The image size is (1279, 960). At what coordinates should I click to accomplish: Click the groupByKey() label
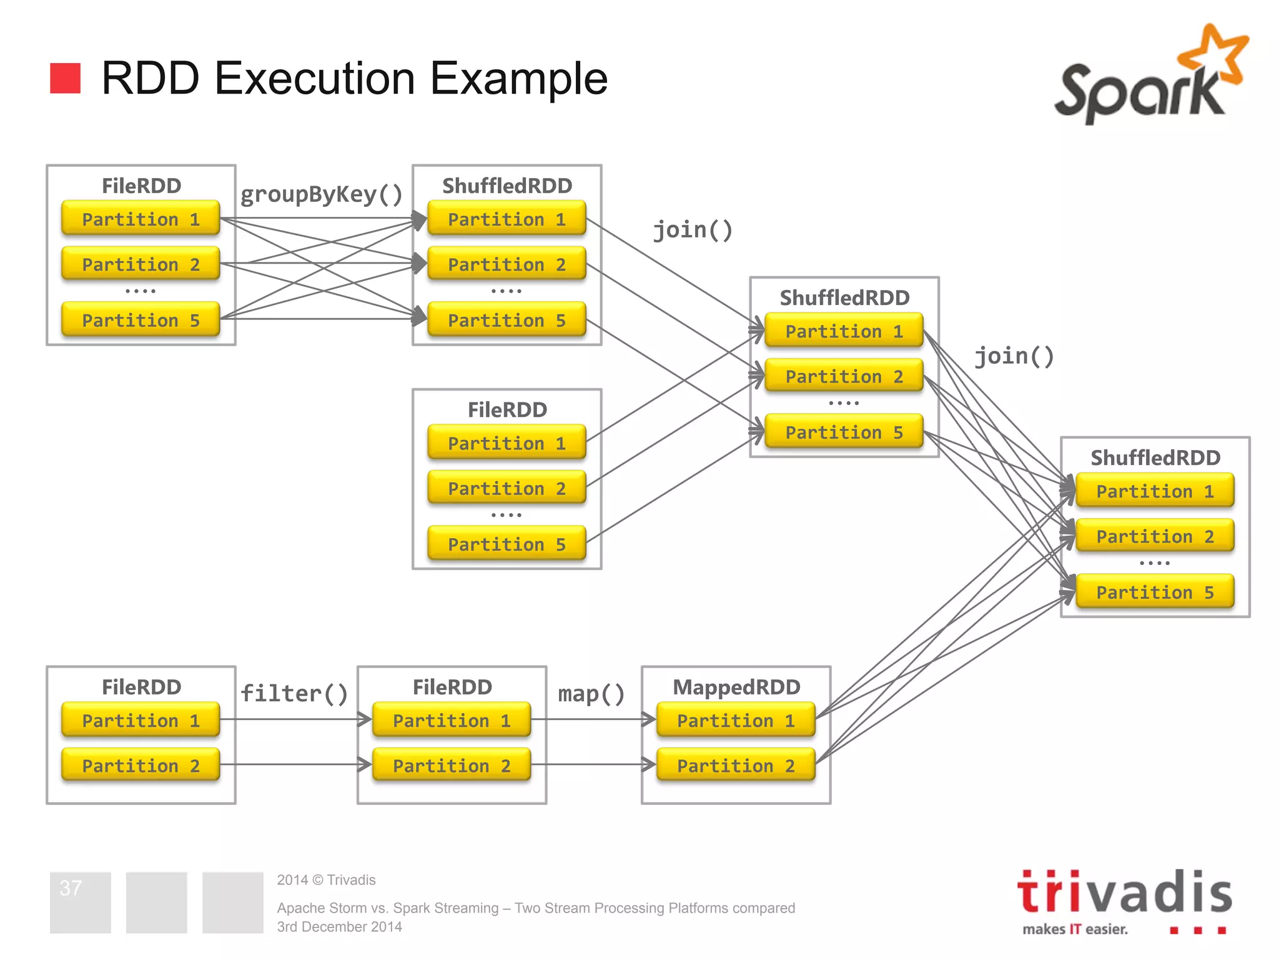point(322,194)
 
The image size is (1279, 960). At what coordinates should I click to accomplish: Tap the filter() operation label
point(294,693)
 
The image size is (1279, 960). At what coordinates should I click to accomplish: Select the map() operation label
point(591,693)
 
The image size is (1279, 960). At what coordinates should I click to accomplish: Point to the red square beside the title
point(66,78)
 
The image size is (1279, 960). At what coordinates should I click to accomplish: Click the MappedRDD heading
point(736,687)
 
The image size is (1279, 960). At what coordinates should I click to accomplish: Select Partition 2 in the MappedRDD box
point(736,765)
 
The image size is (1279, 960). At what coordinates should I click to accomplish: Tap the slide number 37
point(71,887)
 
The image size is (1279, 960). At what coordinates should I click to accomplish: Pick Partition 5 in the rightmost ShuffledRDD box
point(1155,591)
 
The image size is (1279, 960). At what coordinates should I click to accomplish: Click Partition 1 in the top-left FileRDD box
point(141,219)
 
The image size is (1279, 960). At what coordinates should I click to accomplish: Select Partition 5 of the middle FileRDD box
point(506,544)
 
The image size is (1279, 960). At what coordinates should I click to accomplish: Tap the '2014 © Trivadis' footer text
point(326,880)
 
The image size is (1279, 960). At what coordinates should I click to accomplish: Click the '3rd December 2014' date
point(339,927)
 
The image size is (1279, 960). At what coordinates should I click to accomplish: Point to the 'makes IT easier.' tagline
point(1075,929)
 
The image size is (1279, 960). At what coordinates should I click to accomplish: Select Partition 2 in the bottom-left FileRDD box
point(141,765)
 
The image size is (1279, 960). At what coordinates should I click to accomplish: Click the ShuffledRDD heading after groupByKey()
point(507,186)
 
